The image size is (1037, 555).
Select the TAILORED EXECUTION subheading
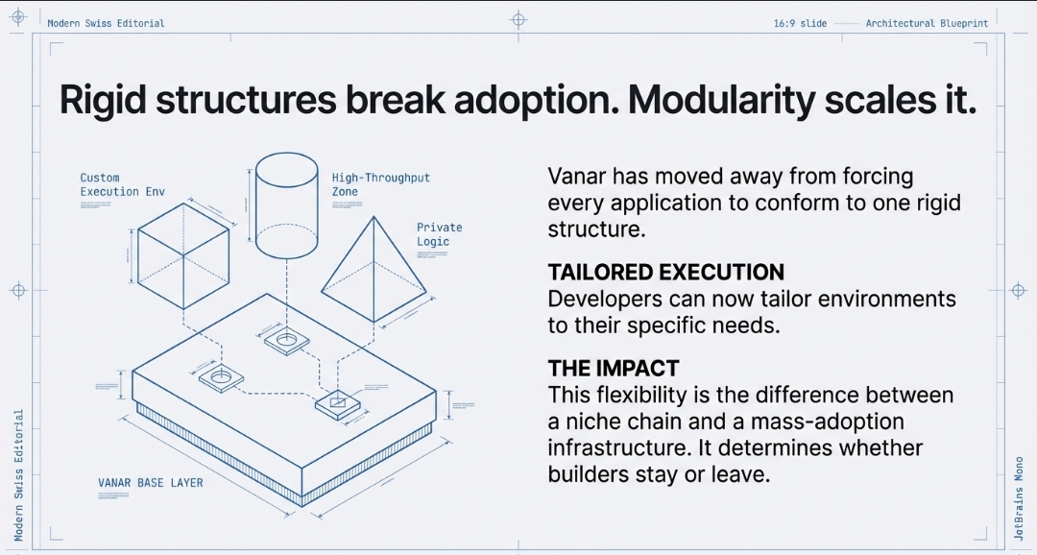click(x=665, y=272)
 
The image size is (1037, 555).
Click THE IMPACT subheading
click(x=613, y=368)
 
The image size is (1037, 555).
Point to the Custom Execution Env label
click(x=122, y=184)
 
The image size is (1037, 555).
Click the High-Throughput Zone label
click(x=380, y=184)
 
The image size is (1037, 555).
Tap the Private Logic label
click(x=439, y=234)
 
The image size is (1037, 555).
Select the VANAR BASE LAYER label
click(x=151, y=482)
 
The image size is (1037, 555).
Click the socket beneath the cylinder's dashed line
click(x=285, y=341)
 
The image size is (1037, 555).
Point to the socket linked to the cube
click(x=222, y=377)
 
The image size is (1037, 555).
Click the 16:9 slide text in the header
click(x=800, y=23)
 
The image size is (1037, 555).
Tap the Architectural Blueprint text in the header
click(x=927, y=23)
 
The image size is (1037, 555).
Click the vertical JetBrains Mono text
click(x=1020, y=499)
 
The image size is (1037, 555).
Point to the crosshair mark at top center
click(x=518, y=19)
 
